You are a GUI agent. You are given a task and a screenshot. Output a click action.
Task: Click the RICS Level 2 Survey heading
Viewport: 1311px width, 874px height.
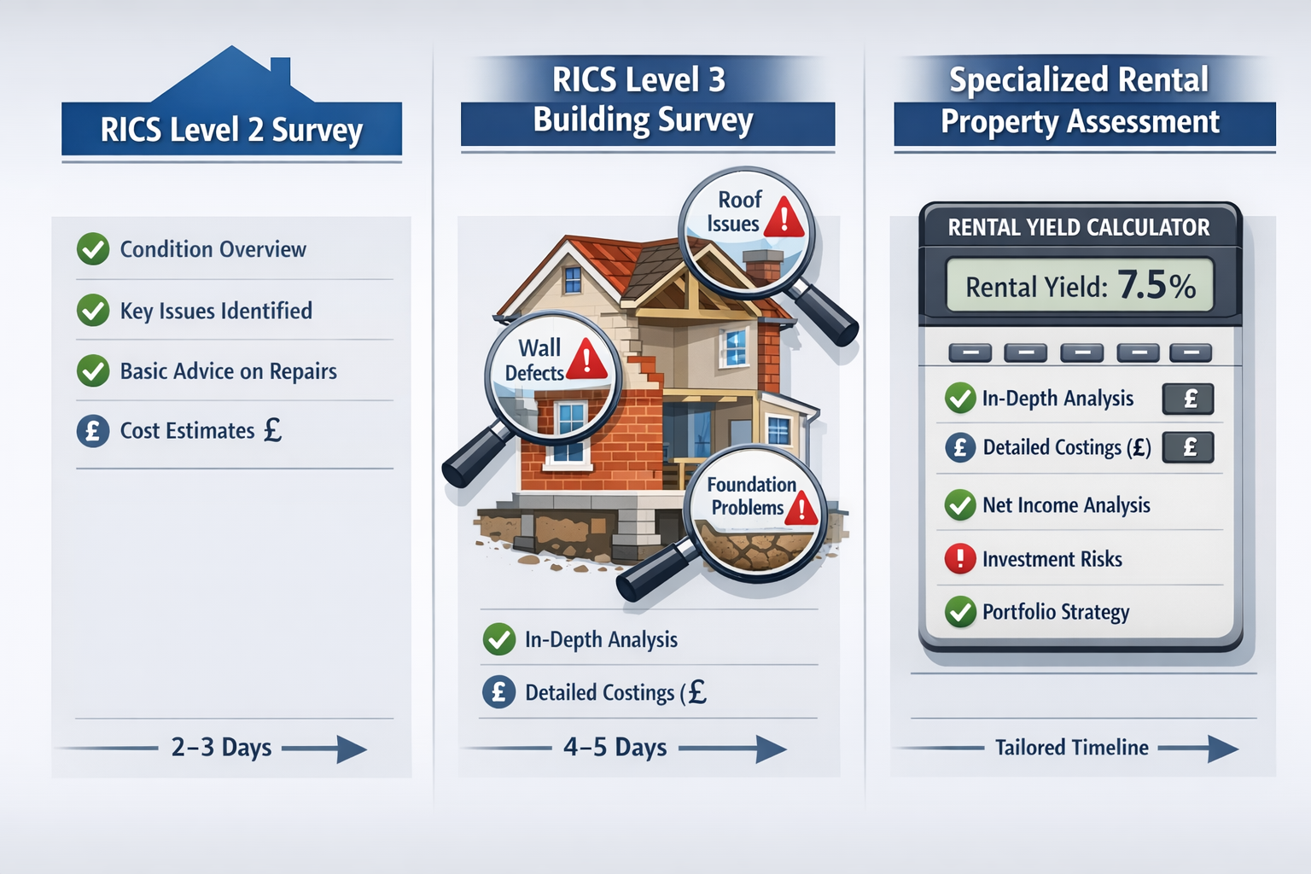231,130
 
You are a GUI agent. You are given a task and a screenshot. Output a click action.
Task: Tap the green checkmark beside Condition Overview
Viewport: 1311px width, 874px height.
93,249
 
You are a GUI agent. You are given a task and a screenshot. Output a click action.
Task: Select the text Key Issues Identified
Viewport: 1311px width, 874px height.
216,311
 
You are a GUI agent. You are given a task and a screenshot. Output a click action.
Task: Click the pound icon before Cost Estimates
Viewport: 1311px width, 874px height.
93,431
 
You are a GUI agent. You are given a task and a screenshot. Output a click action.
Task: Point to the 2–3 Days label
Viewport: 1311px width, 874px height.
221,748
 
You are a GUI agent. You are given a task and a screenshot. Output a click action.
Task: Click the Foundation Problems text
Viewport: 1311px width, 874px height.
750,496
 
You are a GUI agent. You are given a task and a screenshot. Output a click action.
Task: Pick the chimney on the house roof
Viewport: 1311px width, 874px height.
762,265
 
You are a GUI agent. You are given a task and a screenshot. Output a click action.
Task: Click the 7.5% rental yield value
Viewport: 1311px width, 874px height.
1157,285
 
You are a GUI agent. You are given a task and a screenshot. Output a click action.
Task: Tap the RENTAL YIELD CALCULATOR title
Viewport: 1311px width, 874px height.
1079,228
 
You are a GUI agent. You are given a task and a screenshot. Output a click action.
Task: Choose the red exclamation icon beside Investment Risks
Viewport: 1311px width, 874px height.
960,559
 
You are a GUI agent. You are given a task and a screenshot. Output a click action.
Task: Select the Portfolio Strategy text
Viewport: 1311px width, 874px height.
1056,612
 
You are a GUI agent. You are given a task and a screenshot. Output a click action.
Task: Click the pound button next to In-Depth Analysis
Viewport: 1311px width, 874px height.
1188,399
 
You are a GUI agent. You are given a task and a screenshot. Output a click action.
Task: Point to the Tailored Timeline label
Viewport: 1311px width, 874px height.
1071,748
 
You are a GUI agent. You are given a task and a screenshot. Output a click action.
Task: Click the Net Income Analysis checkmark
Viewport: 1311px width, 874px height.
960,505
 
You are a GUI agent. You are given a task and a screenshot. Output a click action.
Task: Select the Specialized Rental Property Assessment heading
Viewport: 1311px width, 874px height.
1080,101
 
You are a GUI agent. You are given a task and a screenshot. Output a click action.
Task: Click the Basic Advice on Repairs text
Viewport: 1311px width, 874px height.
228,371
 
